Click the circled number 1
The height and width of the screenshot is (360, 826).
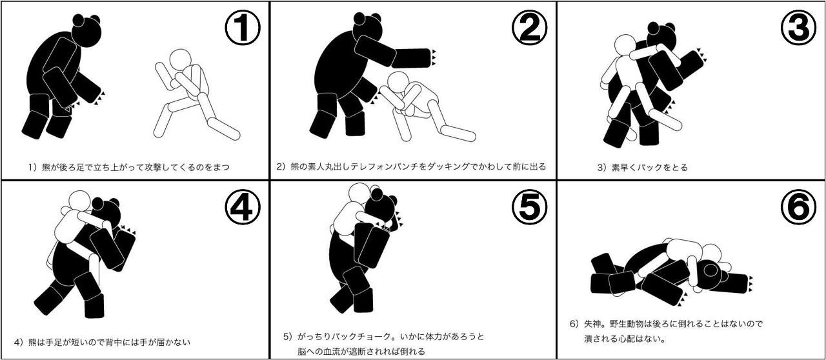242,28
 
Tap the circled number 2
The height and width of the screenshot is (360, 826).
530,28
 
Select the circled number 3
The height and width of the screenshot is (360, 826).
799,28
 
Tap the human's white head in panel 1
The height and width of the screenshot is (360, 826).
180,60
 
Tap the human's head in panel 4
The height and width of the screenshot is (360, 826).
80,202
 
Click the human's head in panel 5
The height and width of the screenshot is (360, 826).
359,194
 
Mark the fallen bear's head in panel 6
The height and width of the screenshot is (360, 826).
711,275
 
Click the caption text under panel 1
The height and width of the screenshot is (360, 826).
129,167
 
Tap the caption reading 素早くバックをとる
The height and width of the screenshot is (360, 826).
649,168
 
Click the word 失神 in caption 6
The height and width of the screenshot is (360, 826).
593,324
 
